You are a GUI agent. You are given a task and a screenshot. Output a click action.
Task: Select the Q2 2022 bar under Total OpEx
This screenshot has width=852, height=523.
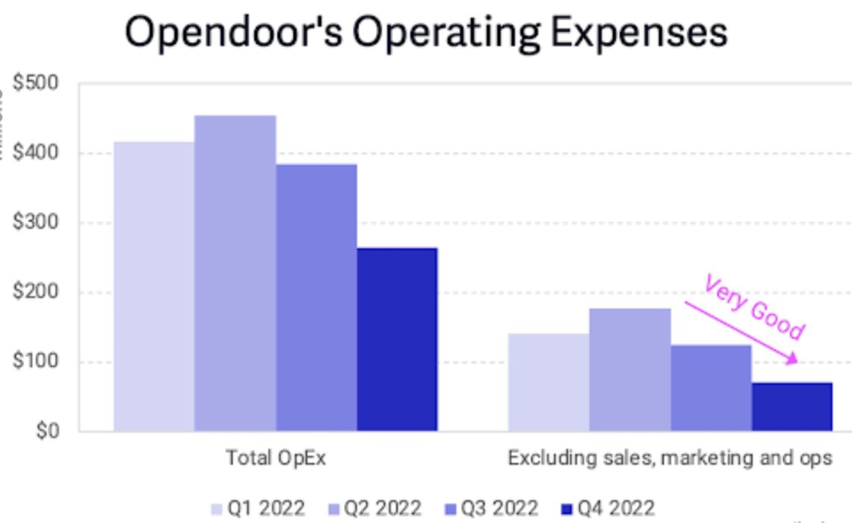(235, 273)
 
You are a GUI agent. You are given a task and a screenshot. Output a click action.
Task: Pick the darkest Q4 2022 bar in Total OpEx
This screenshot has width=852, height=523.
(397, 339)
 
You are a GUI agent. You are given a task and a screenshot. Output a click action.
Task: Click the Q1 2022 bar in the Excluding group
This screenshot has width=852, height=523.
(549, 382)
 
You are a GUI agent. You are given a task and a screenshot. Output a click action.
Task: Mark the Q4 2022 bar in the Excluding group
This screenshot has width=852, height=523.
(791, 406)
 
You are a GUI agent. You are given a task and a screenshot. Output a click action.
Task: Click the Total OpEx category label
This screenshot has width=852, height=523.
(276, 458)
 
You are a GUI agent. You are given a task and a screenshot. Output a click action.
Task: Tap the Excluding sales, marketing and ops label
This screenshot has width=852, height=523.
(670, 458)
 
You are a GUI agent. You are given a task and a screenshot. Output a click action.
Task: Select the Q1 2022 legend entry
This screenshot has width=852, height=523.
(258, 509)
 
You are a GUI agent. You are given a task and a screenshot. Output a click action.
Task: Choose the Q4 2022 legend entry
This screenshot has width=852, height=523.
(607, 509)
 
